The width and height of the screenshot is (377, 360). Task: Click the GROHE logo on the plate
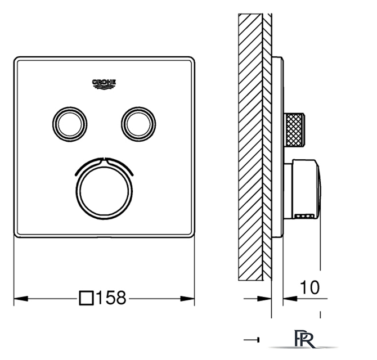click(x=104, y=84)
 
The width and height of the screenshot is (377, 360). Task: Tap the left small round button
click(x=70, y=124)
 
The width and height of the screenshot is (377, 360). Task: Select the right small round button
click(x=138, y=124)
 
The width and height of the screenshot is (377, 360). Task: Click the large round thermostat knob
click(x=104, y=191)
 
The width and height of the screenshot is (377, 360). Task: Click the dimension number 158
click(x=111, y=298)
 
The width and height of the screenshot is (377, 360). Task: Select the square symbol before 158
click(x=86, y=298)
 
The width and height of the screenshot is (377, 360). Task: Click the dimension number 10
click(x=310, y=287)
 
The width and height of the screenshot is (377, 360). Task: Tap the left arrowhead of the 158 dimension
click(x=21, y=299)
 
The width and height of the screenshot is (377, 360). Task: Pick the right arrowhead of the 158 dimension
click(x=187, y=299)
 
